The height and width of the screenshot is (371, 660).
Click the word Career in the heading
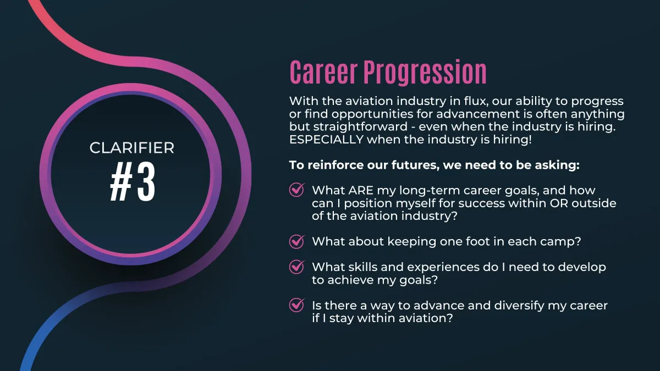(x=323, y=72)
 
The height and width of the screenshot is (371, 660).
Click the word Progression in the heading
(x=425, y=73)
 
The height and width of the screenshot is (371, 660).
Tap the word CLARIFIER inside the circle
(x=131, y=148)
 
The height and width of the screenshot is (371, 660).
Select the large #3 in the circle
(x=133, y=182)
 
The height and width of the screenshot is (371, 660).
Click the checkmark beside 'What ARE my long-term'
(x=296, y=190)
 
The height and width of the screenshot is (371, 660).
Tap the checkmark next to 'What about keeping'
(x=296, y=241)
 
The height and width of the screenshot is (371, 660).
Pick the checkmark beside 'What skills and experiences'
(x=296, y=267)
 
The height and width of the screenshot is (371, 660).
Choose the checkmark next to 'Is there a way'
(x=296, y=305)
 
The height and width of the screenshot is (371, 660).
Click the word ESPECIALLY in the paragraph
(x=326, y=140)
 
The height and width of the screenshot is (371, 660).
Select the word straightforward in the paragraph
(x=360, y=127)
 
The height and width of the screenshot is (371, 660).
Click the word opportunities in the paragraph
(x=372, y=114)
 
